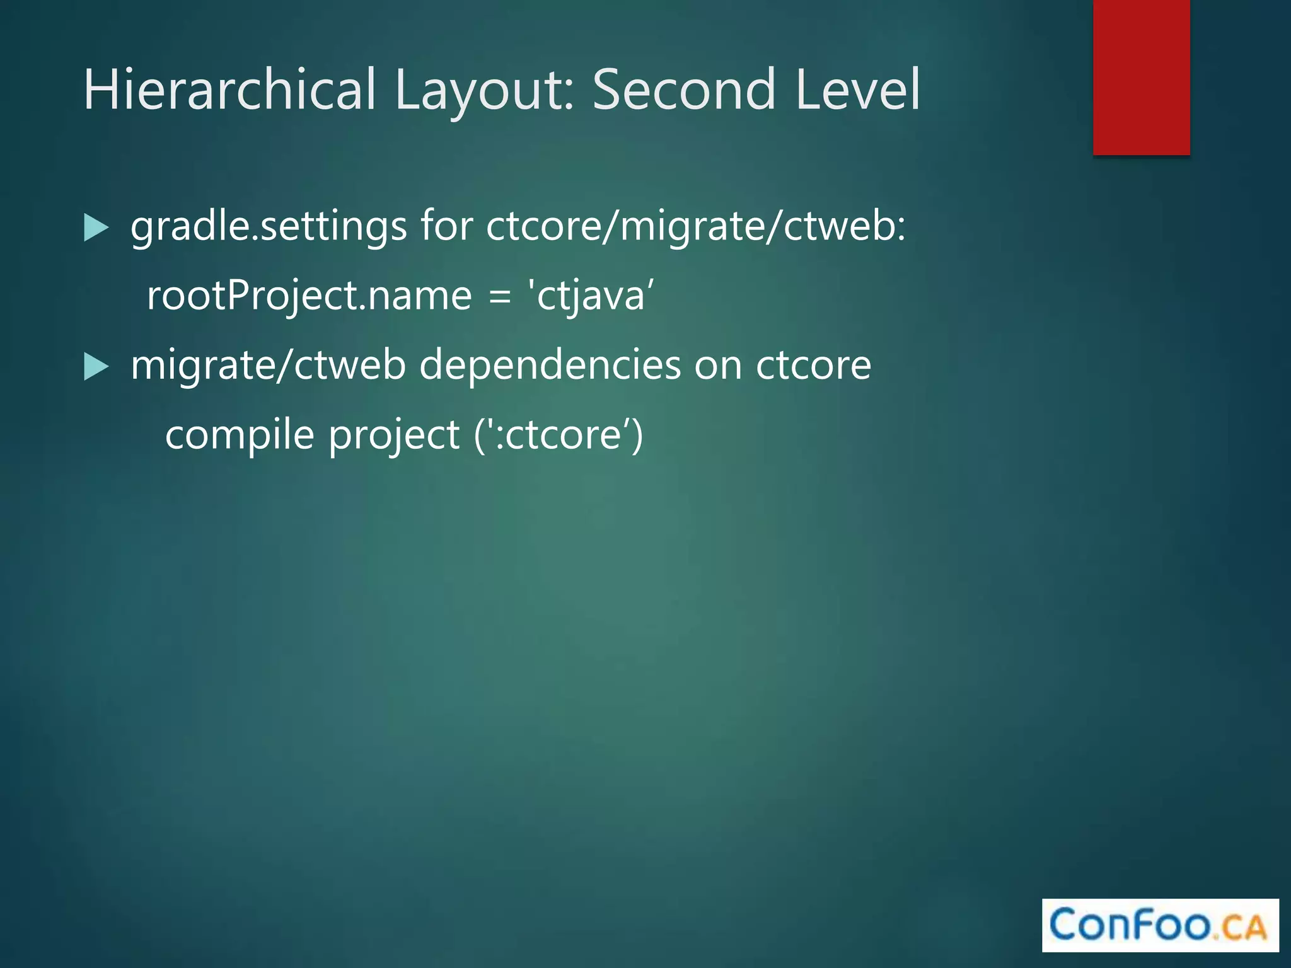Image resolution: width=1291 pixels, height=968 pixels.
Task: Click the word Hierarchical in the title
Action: point(230,89)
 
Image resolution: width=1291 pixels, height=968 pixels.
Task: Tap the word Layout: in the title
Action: point(484,89)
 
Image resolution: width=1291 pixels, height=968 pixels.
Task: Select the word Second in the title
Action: point(683,89)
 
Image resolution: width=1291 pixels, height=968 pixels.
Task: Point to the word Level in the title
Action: point(857,89)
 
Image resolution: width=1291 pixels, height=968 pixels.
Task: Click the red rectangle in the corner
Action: point(1141,77)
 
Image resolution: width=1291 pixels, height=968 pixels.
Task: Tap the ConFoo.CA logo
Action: point(1160,925)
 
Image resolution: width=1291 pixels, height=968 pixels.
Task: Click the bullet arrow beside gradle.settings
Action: point(96,228)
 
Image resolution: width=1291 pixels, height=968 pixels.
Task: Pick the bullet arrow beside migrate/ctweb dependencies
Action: point(96,366)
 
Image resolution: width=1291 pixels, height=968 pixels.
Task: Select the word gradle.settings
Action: point(269,227)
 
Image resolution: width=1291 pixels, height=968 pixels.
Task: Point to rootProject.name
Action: point(309,296)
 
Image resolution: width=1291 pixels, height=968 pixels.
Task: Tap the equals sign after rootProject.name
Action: point(499,296)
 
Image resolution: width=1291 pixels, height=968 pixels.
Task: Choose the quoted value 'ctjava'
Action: point(591,295)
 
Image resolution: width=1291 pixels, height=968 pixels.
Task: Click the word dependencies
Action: point(550,366)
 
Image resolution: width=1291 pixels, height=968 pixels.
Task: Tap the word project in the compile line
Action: point(394,435)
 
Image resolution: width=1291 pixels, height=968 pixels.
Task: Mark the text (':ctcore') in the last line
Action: point(559,435)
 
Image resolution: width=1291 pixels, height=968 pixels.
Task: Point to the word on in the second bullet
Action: point(718,366)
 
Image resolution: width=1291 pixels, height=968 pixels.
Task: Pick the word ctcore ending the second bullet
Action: point(813,366)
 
